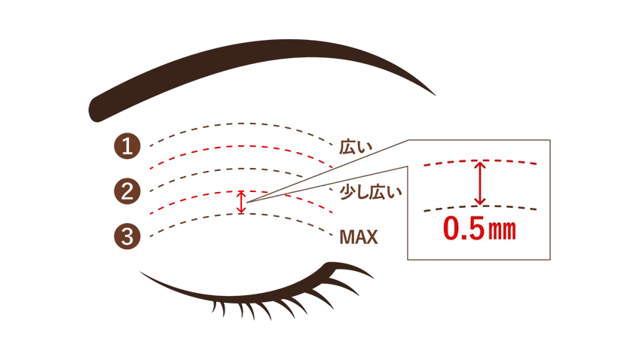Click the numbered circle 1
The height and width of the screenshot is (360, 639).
coord(127,146)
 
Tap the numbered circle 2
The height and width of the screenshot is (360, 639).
coord(127,191)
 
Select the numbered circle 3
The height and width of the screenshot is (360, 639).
coord(127,236)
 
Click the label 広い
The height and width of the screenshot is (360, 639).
coord(356,147)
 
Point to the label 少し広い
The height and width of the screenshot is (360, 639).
coord(371,192)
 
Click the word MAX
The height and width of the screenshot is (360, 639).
coord(359,237)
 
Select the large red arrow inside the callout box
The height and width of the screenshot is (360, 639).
coord(480,183)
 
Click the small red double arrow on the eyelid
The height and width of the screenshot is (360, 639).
coord(242,202)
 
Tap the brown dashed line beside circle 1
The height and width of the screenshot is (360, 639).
coord(241,124)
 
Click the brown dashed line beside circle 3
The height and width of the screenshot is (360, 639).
coord(241,214)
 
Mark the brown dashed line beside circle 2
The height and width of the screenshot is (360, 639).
coord(241,169)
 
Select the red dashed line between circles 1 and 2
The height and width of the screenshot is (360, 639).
coord(241,146)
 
